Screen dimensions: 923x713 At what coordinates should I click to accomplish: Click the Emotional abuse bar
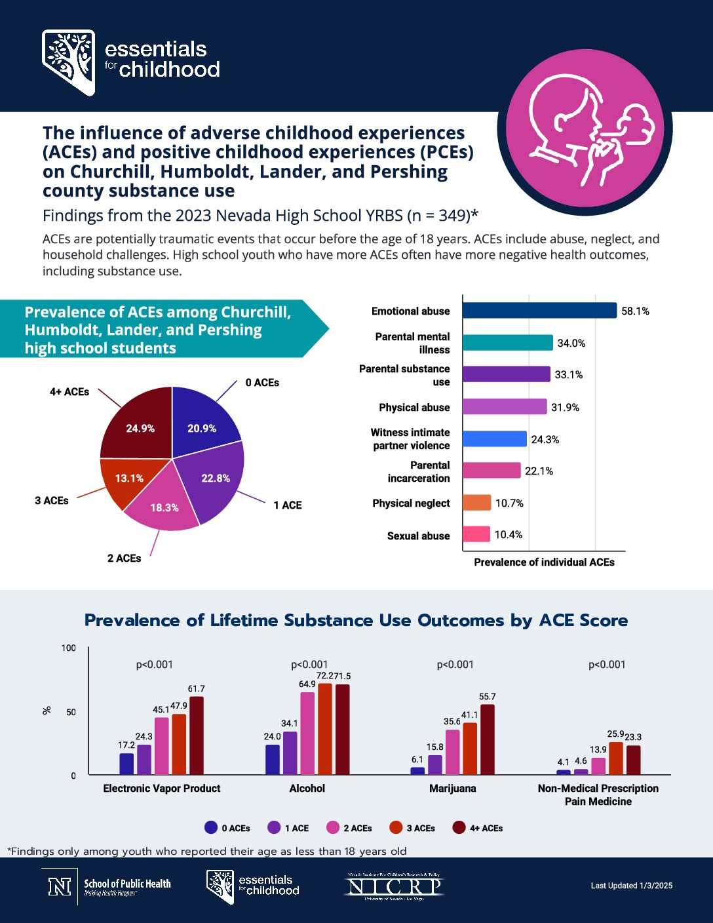click(x=539, y=311)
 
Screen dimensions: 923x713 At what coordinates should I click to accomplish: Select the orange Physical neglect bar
click(x=476, y=503)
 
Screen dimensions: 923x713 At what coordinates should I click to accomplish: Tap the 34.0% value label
click(x=571, y=343)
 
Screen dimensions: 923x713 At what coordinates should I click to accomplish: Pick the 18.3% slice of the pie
click(x=163, y=505)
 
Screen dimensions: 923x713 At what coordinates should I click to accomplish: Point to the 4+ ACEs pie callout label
click(x=69, y=391)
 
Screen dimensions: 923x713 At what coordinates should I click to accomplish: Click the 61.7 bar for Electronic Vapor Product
click(x=196, y=736)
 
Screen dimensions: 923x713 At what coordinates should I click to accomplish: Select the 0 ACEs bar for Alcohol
click(x=273, y=760)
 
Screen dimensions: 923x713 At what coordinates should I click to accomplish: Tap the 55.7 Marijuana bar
click(x=487, y=739)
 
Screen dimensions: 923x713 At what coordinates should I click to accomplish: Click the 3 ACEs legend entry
click(x=412, y=828)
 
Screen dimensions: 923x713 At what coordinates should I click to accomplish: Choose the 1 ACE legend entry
click(x=288, y=828)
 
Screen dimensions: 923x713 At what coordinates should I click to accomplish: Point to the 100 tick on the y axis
click(x=69, y=648)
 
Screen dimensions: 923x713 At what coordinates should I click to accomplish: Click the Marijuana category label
click(x=452, y=788)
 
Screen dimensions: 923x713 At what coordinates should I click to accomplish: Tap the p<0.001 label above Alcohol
click(x=309, y=664)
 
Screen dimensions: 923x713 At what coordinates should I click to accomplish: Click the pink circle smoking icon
click(x=585, y=135)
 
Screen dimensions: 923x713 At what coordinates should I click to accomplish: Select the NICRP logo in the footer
click(x=395, y=886)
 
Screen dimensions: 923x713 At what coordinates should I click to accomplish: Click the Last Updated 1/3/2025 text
click(x=631, y=886)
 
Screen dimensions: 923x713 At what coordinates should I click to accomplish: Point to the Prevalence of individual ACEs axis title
click(x=544, y=562)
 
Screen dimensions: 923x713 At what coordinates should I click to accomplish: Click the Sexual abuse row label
click(x=418, y=536)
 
